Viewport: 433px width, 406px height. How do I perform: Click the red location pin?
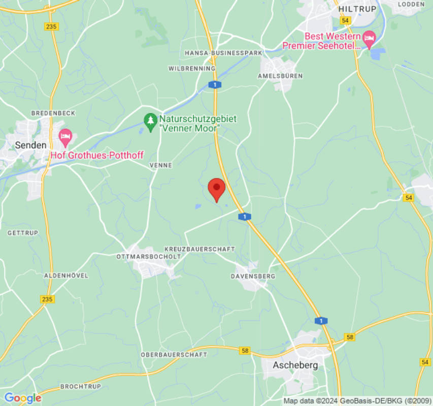[217, 189]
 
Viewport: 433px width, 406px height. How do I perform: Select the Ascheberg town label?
[295, 365]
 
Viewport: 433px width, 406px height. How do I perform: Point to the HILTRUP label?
[357, 9]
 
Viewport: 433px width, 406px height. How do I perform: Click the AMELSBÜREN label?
[280, 76]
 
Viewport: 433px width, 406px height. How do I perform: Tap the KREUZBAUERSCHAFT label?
[199, 249]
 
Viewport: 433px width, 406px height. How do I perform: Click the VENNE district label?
[161, 165]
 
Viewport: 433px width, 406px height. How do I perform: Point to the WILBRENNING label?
[192, 68]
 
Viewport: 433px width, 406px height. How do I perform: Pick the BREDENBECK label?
[46, 113]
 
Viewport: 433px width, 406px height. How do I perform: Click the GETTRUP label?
[20, 233]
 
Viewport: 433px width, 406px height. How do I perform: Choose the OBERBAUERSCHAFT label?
[174, 354]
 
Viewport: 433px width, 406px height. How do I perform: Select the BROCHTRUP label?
[81, 386]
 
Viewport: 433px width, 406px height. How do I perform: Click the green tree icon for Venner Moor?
[150, 122]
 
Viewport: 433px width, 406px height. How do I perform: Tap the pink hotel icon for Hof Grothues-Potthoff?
[65, 136]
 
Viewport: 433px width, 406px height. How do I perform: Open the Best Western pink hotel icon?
[369, 37]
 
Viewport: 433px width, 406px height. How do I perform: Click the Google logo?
[22, 398]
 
